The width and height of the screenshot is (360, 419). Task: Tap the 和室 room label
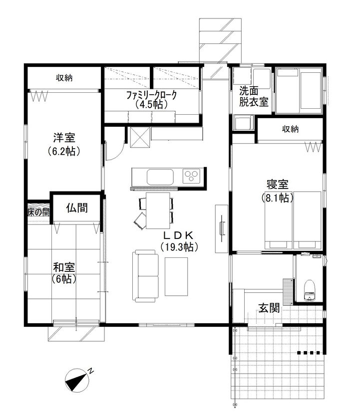click(64, 266)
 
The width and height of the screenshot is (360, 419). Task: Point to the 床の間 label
click(38, 211)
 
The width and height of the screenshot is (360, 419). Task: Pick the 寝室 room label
click(278, 184)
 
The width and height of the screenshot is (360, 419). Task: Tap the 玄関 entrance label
click(268, 308)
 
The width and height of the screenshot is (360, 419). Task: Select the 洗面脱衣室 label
click(253, 97)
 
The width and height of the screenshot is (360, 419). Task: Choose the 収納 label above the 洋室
click(64, 78)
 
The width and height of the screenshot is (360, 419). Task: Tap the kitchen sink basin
click(160, 176)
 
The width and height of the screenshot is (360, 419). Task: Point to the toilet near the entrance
click(310, 289)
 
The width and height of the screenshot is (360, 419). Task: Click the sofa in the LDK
click(145, 275)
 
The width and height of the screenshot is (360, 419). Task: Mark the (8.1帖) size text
click(278, 198)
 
